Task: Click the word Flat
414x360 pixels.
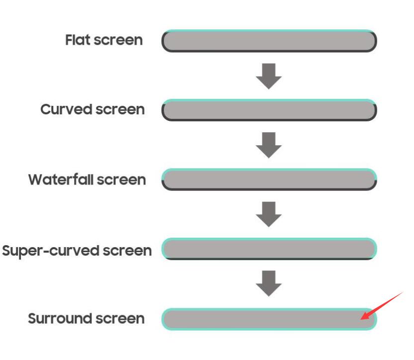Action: tap(78, 40)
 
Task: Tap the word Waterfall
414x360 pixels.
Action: tap(61, 180)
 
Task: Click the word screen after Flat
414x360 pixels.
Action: tap(118, 40)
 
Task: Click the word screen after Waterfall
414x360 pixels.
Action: tap(121, 180)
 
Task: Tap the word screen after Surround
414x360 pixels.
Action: tap(120, 319)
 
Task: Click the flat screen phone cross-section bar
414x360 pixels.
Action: tap(269, 41)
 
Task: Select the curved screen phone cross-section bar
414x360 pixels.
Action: tap(269, 110)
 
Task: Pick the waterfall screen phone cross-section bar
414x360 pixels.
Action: tap(269, 180)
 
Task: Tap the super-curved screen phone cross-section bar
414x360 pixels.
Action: tap(269, 249)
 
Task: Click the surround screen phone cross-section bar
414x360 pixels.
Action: tap(269, 319)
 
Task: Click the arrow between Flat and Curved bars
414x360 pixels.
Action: tap(269, 76)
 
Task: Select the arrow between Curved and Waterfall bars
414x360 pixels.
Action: tap(269, 145)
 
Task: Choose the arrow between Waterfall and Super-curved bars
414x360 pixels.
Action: tap(269, 214)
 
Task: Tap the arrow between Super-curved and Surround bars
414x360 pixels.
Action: tap(269, 283)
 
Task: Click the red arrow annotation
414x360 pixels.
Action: tap(382, 306)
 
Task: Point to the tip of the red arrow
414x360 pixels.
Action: tap(361, 319)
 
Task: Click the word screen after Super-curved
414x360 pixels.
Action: tap(127, 251)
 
